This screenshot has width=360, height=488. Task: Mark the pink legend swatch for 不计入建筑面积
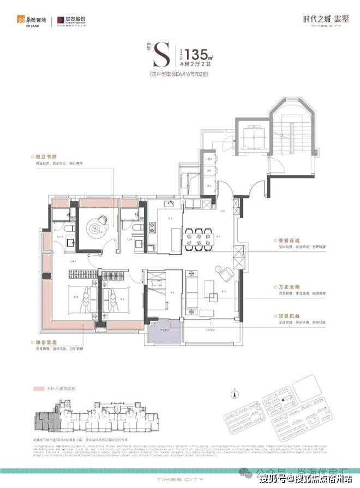tap(38, 390)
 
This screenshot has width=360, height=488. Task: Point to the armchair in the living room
tap(223, 271)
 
